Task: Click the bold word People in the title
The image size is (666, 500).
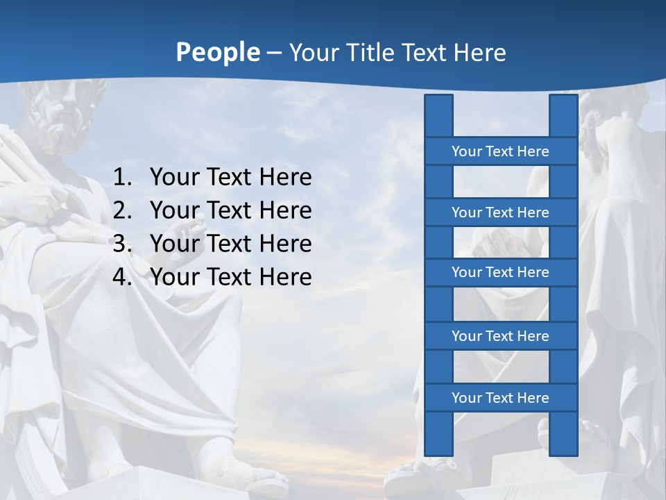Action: (x=217, y=52)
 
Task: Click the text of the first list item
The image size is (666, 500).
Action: (x=230, y=178)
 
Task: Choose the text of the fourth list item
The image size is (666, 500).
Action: (x=230, y=277)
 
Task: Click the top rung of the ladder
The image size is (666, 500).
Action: (x=500, y=151)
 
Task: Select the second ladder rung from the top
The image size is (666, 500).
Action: (x=500, y=212)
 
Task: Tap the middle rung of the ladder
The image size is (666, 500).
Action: (x=500, y=272)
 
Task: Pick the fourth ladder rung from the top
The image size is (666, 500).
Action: (x=500, y=335)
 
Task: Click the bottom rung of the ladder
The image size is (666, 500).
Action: (x=500, y=397)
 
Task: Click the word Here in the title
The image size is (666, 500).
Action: (x=479, y=52)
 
